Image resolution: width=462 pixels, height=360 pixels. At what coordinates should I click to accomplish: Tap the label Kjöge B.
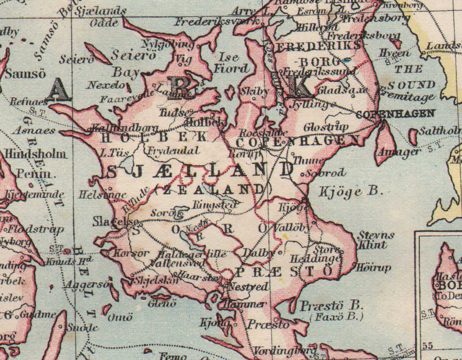pos(351,192)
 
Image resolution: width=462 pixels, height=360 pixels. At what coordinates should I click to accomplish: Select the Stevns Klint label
pos(377,240)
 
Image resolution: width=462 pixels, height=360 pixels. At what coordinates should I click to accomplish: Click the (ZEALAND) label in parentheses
pos(213,189)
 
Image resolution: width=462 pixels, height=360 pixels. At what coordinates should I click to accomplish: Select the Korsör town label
pos(132,253)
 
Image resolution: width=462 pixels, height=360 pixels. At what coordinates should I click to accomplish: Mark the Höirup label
pos(373,268)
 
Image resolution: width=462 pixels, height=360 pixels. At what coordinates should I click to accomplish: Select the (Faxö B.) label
pos(337,317)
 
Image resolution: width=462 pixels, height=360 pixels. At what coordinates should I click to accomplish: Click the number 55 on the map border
pos(427,346)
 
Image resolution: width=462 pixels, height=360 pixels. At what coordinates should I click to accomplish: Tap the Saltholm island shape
pos(413,137)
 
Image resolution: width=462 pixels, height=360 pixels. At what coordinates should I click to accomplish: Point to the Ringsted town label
pos(215,205)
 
